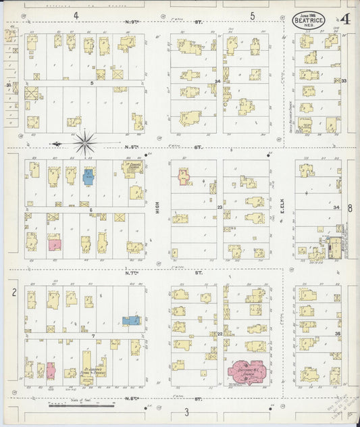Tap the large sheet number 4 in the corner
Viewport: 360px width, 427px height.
[x=345, y=20]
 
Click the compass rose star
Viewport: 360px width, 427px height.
[x=85, y=143]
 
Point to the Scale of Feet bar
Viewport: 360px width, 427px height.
[x=81, y=405]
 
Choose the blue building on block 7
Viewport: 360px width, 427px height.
[x=131, y=320]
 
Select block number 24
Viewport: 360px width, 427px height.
[x=217, y=81]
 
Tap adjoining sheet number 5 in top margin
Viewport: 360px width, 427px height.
[x=252, y=15]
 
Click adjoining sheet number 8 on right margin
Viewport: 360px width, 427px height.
[x=350, y=209]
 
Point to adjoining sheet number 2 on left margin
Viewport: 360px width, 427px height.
[x=14, y=292]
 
